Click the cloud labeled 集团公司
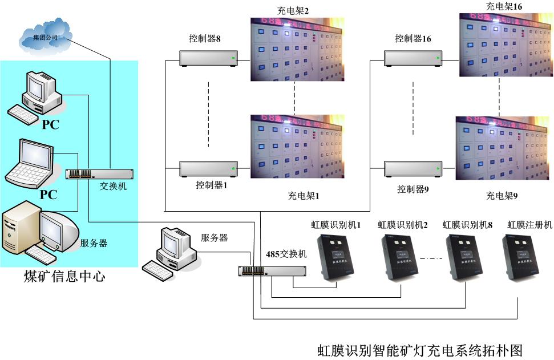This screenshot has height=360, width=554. [45, 35]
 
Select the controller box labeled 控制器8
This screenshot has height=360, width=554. [208, 58]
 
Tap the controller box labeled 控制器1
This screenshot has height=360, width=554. [208, 168]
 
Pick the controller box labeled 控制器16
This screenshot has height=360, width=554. [413, 58]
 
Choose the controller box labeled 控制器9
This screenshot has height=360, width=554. [413, 169]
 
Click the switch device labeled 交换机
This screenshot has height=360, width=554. [99, 174]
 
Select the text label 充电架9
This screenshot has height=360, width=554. [502, 196]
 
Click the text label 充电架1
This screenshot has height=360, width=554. [304, 196]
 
